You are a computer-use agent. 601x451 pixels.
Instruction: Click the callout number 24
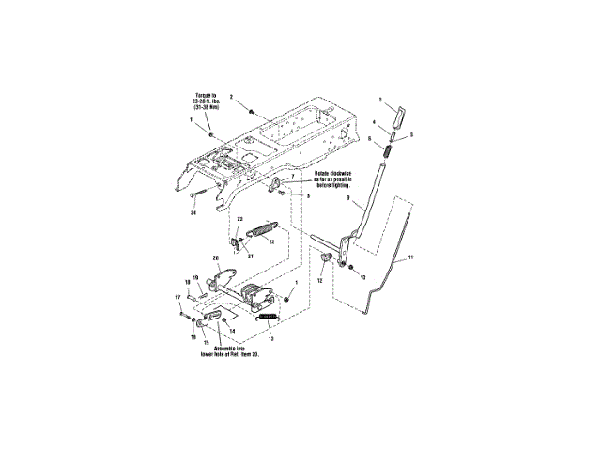pos(194,213)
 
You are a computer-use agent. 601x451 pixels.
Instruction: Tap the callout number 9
pos(347,200)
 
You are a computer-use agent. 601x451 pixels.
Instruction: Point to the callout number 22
pos(271,241)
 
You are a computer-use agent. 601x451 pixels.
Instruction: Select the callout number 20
pos(215,257)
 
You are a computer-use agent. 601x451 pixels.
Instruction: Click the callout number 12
pos(320,281)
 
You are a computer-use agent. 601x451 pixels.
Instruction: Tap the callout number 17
pos(178,298)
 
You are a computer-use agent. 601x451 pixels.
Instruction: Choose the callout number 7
pos(293,177)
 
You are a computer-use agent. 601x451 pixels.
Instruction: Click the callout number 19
pos(195,278)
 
